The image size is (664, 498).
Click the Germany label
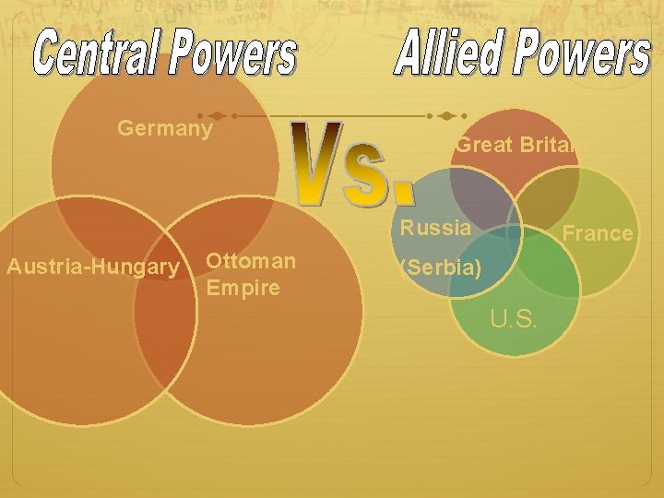point(165,128)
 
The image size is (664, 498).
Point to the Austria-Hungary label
point(93,267)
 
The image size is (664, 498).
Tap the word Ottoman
point(251,261)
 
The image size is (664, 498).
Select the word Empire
point(243,288)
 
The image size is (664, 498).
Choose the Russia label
point(435,228)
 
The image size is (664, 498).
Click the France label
point(598,233)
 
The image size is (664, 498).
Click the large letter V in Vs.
point(317,161)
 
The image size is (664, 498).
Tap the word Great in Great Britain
point(480,145)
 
